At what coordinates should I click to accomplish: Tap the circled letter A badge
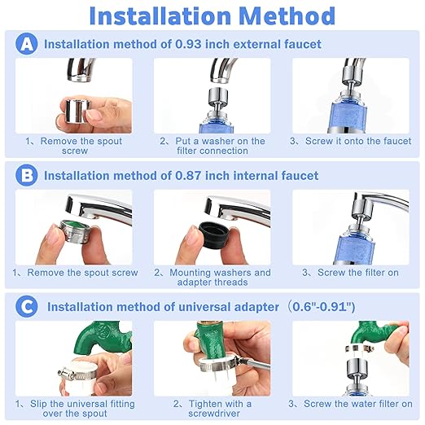pyautogui.click(x=27, y=43)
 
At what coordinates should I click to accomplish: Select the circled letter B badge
pyautogui.click(x=27, y=175)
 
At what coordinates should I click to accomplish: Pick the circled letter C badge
pyautogui.click(x=27, y=307)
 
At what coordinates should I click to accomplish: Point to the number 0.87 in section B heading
pyautogui.click(x=188, y=176)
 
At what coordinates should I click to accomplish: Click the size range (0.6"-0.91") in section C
pyautogui.click(x=322, y=307)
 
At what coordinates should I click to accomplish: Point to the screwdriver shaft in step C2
pyautogui.click(x=254, y=365)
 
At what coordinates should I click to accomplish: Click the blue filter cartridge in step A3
pyautogui.click(x=349, y=115)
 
